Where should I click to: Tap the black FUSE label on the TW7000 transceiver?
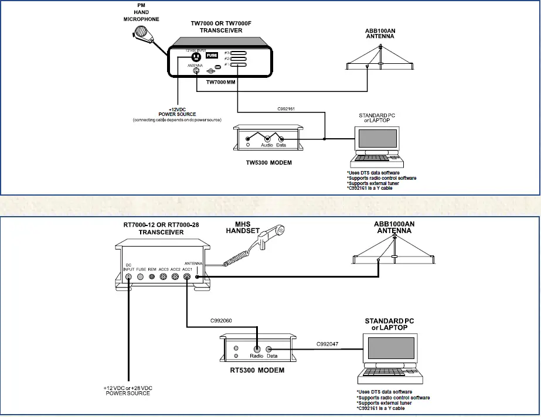[212, 55]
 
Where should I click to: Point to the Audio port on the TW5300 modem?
[266, 139]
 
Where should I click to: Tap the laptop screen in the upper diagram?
[375, 139]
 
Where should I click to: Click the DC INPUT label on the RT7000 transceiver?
[129, 266]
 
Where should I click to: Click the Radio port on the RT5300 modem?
[257, 348]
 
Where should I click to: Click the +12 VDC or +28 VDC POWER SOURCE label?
[128, 390]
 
